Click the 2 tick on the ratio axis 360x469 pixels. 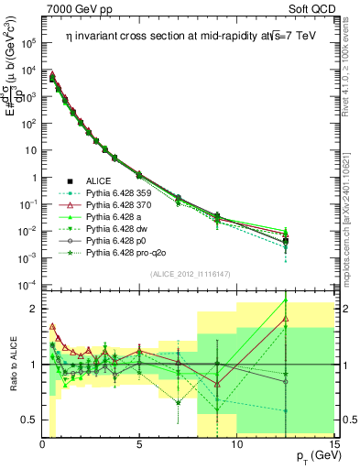[x=33, y=309]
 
